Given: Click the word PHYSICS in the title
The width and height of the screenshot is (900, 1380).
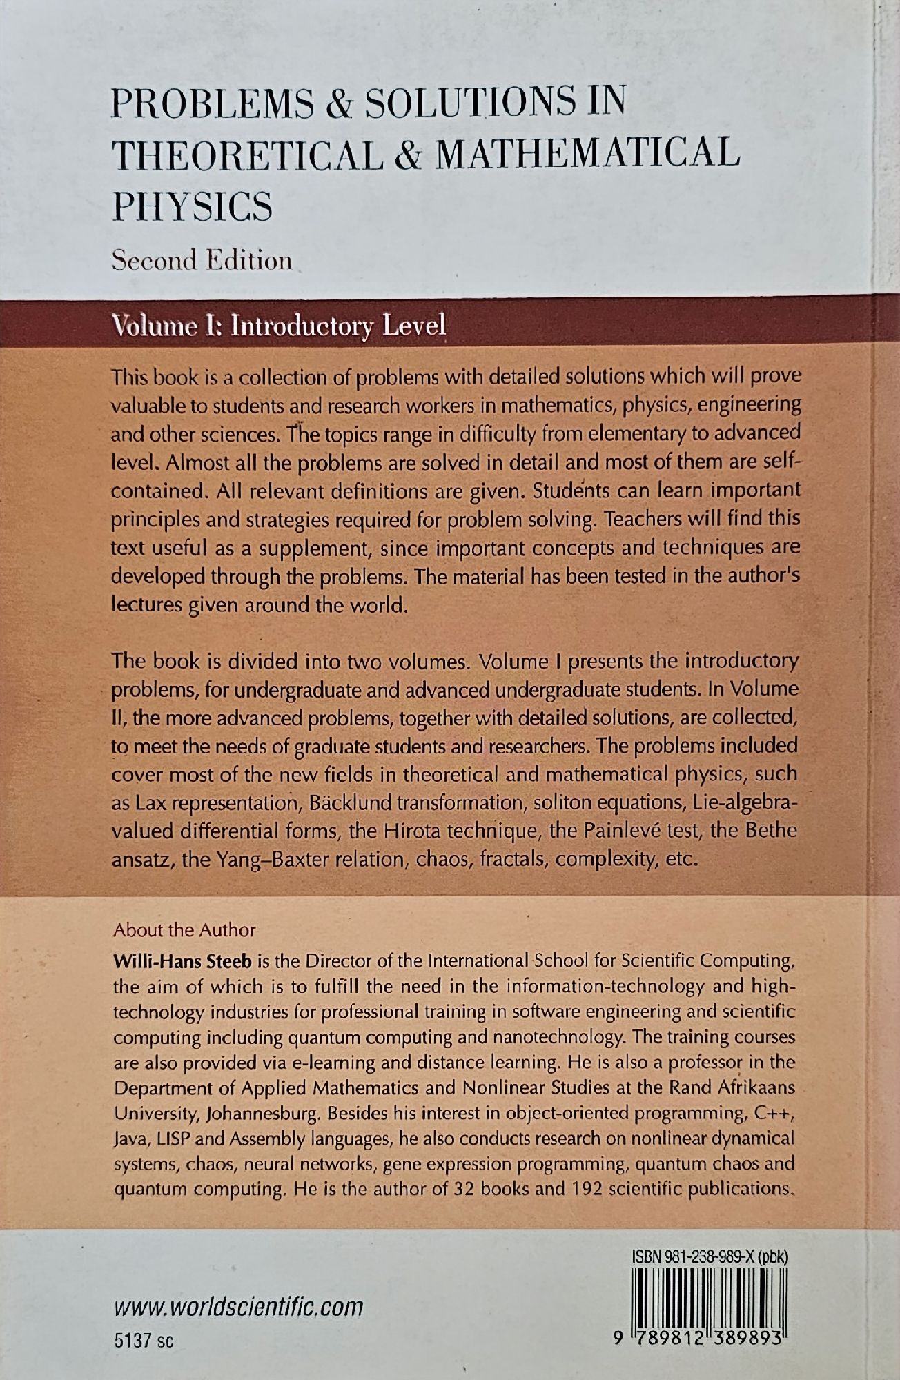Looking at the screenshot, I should [x=192, y=206].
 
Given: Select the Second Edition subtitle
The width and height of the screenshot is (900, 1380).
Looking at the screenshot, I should [x=202, y=261].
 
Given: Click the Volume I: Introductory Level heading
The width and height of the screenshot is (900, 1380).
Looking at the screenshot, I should [x=279, y=325].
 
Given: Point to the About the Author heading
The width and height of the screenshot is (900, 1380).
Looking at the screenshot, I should [x=184, y=929].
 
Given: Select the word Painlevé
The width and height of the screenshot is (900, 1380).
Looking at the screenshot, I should [x=629, y=831].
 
